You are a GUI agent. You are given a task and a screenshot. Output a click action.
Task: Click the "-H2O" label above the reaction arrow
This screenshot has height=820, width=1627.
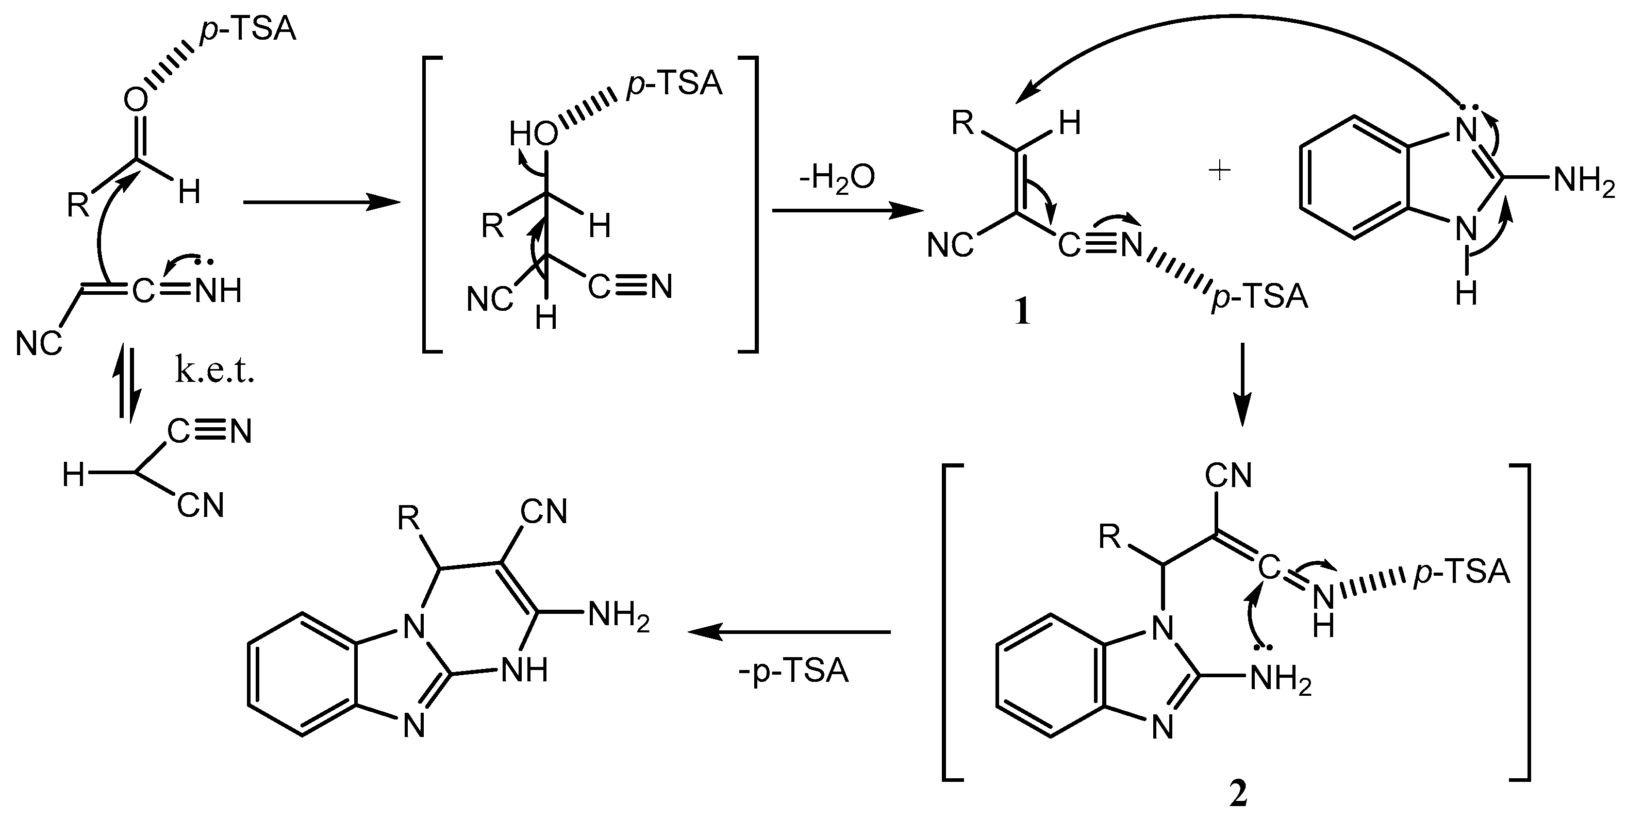836,179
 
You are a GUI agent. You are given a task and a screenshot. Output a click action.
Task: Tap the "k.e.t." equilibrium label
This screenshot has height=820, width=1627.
215,373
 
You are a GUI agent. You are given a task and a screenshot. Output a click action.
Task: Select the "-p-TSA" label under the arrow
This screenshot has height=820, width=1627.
793,671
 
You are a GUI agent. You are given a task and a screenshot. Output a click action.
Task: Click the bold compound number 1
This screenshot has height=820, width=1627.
1021,312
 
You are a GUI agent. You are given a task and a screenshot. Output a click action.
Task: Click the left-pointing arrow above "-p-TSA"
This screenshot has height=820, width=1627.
789,631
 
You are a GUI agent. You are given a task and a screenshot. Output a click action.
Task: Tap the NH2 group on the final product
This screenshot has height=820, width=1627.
618,614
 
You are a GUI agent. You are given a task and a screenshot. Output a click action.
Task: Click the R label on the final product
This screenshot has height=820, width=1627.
409,519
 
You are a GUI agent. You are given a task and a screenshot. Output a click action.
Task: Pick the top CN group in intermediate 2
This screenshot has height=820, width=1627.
1228,476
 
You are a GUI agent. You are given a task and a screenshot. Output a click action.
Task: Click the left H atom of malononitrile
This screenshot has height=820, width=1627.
73,475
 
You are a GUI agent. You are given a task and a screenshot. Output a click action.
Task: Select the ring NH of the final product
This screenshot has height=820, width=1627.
524,670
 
